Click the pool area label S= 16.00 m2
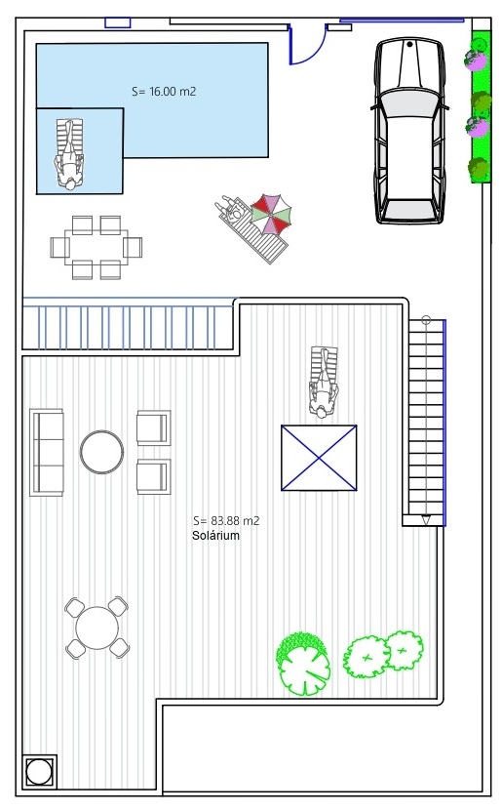[x=164, y=92]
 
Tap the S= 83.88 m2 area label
[x=226, y=521]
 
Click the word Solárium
[x=215, y=536]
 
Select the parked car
[x=409, y=131]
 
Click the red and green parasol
[x=271, y=214]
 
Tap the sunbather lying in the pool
[x=68, y=154]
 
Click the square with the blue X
[x=319, y=458]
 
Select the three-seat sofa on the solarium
[x=47, y=453]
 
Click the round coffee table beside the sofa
[x=101, y=452]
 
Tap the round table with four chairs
[x=97, y=628]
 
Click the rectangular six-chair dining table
[x=97, y=247]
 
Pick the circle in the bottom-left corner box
[x=39, y=772]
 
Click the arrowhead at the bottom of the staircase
[x=426, y=520]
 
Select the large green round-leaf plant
[x=303, y=664]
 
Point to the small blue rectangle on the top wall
[x=118, y=22]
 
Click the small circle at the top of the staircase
[x=426, y=320]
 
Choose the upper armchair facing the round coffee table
[x=153, y=427]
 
